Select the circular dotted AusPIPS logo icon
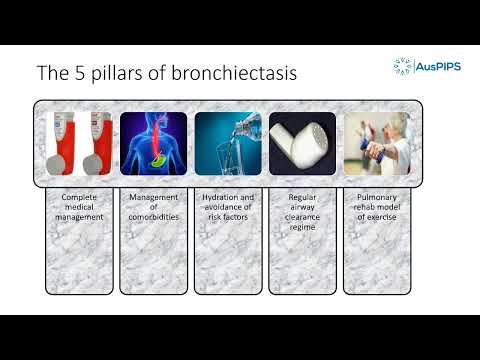403,67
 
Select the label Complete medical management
81,208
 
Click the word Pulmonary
377,198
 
